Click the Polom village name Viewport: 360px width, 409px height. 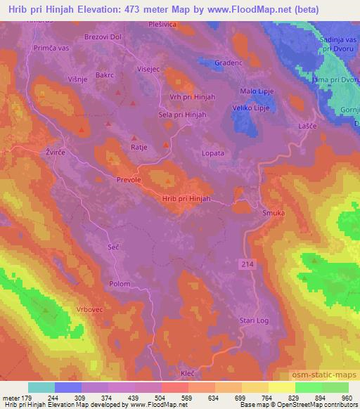[x=120, y=284]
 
